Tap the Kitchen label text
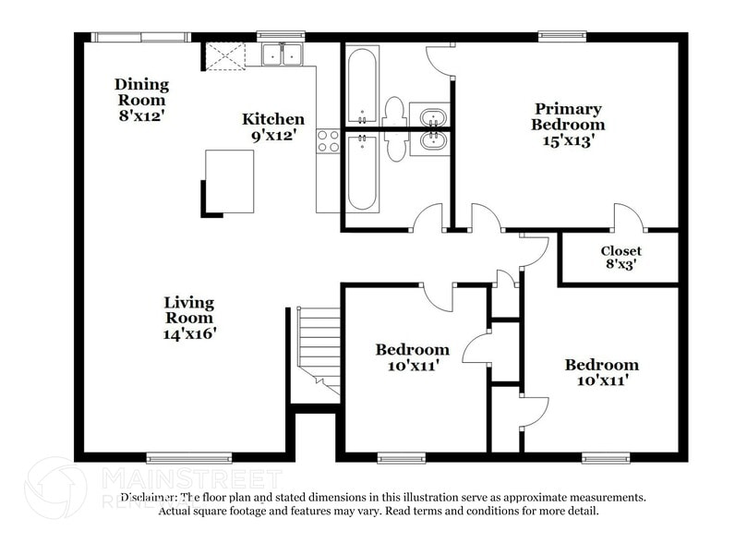[x=272, y=119]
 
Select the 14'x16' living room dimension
[x=188, y=333]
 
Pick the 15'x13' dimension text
[x=567, y=141]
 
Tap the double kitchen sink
[x=283, y=56]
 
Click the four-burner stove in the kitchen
[x=328, y=140]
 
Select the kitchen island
[x=230, y=181]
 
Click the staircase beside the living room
[x=319, y=347]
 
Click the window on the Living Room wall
[x=188, y=456]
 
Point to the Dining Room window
[x=140, y=37]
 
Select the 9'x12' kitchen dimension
[x=272, y=136]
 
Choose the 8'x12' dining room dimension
[x=141, y=116]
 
